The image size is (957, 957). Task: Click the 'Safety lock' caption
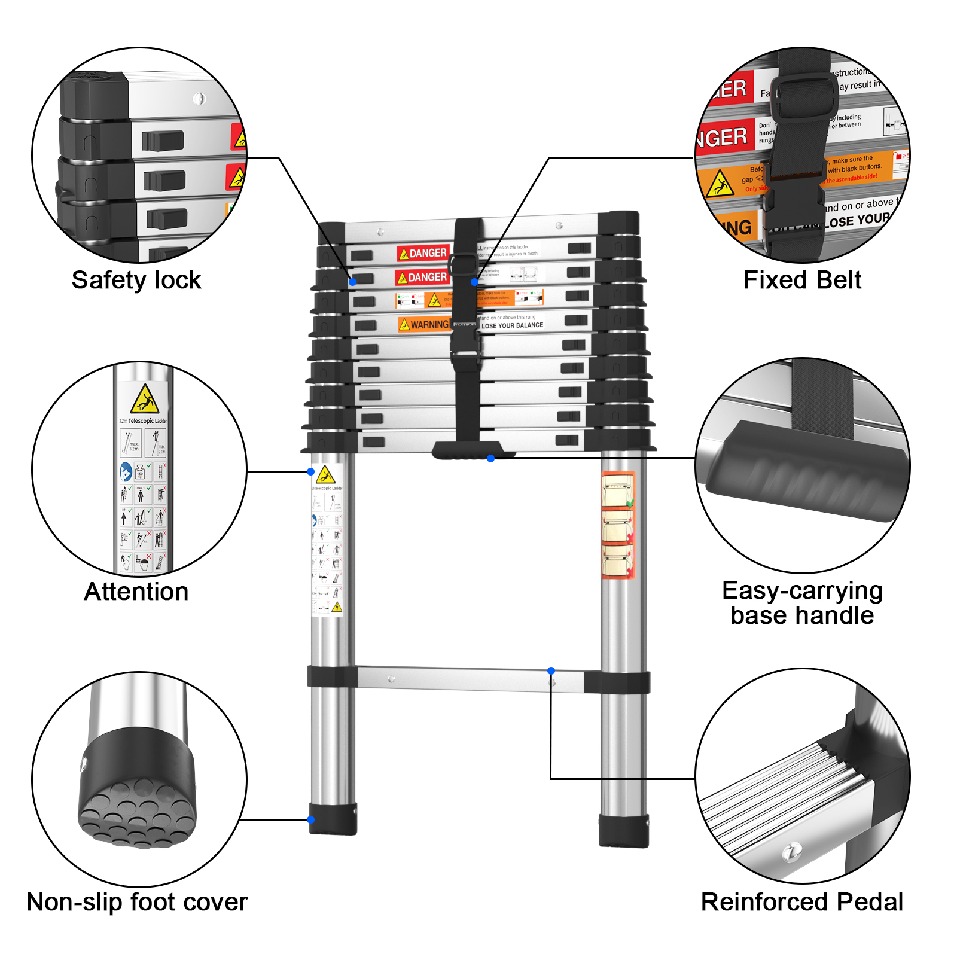click(136, 280)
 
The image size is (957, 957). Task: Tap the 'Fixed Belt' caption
click(802, 280)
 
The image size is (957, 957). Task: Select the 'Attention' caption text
click(136, 592)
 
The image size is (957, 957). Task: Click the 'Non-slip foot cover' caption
click(136, 902)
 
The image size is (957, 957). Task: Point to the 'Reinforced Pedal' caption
click(802, 902)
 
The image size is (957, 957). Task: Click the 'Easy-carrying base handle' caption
click(802, 603)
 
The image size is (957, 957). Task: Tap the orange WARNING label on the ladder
click(424, 324)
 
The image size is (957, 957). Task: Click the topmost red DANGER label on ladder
click(423, 253)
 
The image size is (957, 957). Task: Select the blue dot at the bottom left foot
click(311, 819)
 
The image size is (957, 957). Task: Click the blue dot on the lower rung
click(551, 670)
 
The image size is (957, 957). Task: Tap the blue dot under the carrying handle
click(490, 458)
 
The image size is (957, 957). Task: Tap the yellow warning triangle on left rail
click(325, 476)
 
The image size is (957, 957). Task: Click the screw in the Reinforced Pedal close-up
click(793, 851)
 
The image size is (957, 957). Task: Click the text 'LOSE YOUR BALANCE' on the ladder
click(512, 325)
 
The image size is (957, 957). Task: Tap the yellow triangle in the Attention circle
click(144, 400)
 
